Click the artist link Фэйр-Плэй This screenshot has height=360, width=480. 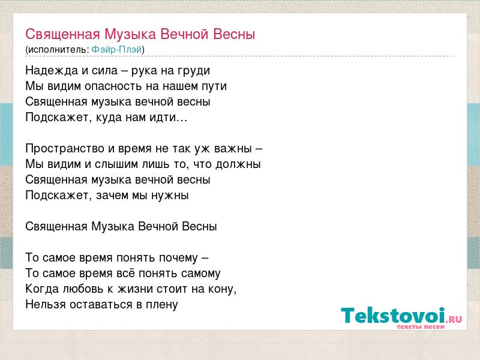(116, 49)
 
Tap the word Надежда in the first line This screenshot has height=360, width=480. (52, 71)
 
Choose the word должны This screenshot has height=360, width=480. (238, 164)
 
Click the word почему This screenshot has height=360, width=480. (179, 258)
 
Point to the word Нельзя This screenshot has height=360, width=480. (46, 304)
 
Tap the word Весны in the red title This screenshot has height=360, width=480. (234, 34)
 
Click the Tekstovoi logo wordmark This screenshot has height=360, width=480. (393, 316)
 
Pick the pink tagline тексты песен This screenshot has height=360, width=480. (421, 326)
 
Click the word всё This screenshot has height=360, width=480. (125, 273)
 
